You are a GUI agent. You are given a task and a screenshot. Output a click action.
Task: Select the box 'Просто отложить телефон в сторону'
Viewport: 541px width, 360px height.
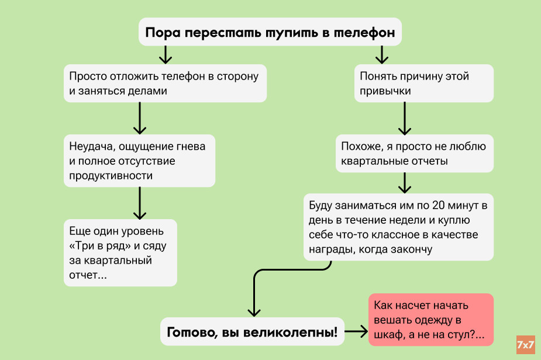[x=166, y=84]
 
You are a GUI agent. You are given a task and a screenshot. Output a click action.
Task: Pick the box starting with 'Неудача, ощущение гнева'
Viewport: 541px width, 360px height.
[x=139, y=161]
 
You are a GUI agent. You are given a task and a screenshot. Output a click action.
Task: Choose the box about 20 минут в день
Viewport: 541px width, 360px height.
[x=398, y=227]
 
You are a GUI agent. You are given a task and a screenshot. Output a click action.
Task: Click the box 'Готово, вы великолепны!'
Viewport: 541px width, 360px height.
[x=253, y=333]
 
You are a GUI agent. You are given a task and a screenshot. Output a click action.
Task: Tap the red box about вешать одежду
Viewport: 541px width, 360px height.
[x=430, y=320]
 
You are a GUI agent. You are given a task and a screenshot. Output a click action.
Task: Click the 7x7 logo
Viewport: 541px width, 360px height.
[x=526, y=344]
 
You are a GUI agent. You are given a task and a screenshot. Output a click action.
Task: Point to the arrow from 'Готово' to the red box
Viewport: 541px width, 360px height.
[x=356, y=332]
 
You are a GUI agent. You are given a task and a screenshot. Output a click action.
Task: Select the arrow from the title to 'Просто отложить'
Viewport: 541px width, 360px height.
[x=166, y=54]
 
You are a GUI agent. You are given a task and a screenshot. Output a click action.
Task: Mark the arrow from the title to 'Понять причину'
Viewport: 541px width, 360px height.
[x=382, y=54]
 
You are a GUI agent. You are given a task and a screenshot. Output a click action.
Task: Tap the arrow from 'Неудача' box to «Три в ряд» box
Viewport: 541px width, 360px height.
[x=139, y=202]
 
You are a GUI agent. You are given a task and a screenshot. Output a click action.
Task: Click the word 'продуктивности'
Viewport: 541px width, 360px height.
[x=111, y=175]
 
